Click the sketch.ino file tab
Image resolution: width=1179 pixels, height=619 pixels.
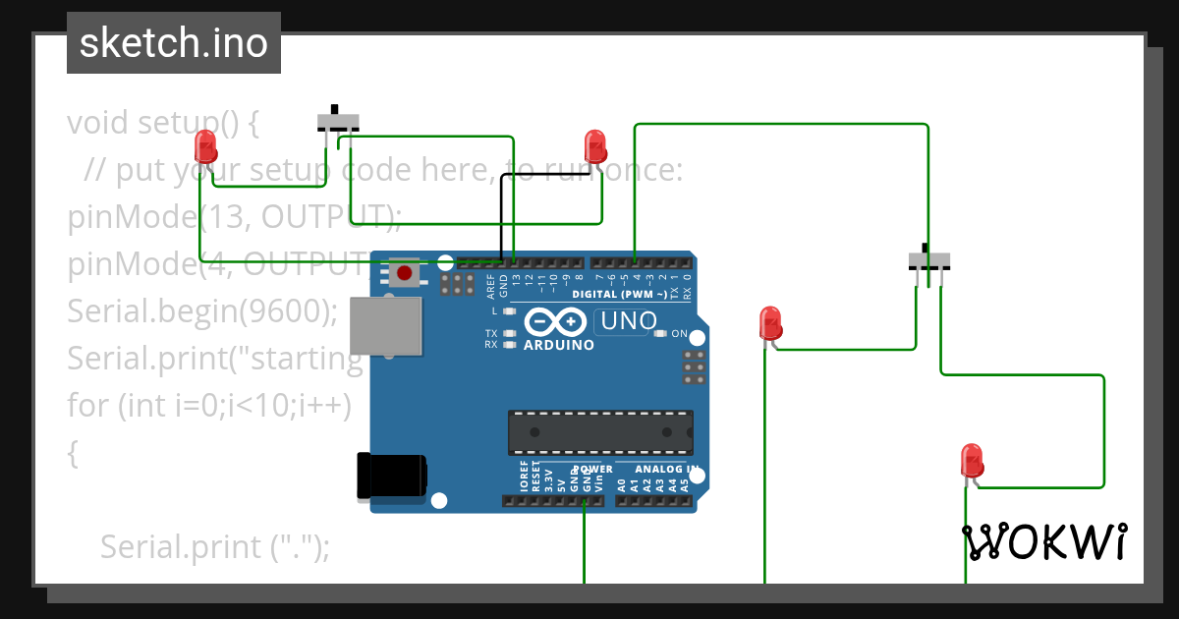(174, 43)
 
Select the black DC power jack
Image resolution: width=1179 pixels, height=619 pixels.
(391, 475)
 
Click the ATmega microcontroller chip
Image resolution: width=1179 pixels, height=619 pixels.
(600, 431)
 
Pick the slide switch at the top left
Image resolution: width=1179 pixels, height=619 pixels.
(338, 122)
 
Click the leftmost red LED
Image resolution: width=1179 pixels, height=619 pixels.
(205, 146)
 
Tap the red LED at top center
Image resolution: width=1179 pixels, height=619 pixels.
(594, 146)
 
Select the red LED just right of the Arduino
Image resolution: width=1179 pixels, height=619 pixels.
(770, 323)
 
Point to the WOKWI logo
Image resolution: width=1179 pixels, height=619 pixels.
(1044, 541)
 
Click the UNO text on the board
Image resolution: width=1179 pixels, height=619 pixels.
(628, 321)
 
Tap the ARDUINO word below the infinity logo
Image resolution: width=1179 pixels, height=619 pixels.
(559, 345)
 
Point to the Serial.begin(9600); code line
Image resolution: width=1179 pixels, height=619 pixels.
(202, 311)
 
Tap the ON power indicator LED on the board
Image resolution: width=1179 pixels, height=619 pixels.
(661, 334)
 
